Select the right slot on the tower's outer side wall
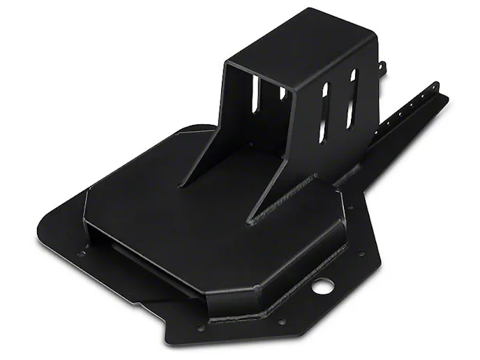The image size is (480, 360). pos(352,98)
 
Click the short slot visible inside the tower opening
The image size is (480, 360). pos(283,93)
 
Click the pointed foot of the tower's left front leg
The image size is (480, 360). pos(181,185)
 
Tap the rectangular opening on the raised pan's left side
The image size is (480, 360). pos(115,240)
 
